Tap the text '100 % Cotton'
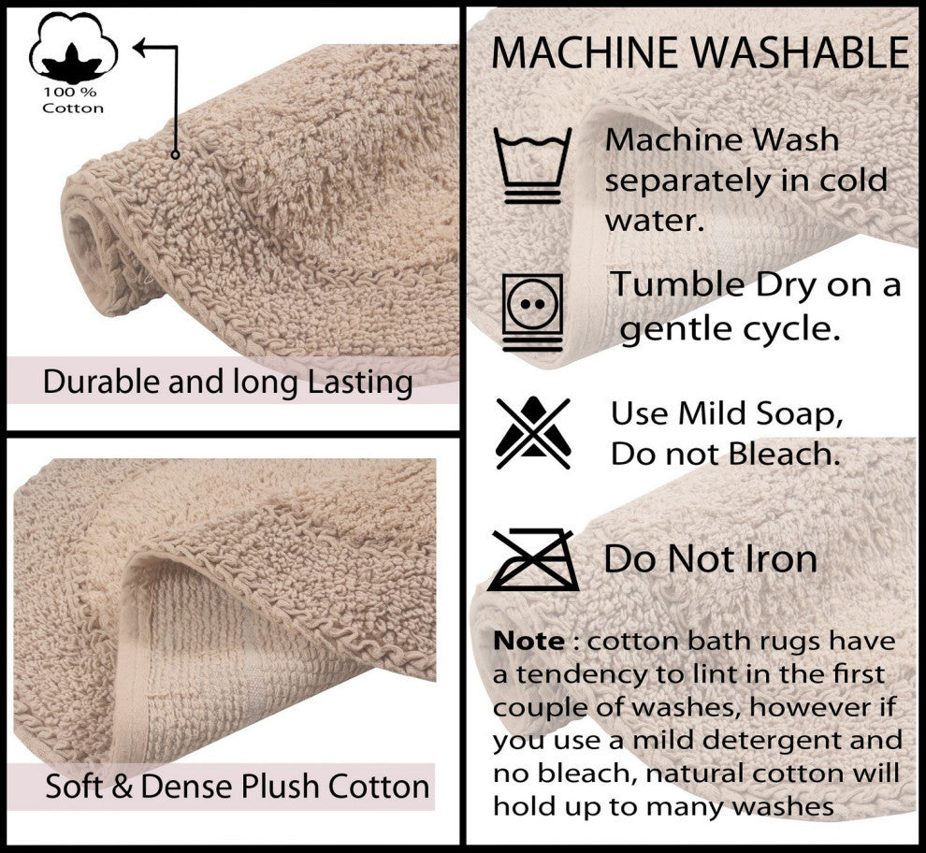coord(73,100)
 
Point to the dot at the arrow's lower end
coord(175,154)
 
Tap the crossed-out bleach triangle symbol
coord(532,432)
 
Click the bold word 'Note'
coord(528,642)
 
